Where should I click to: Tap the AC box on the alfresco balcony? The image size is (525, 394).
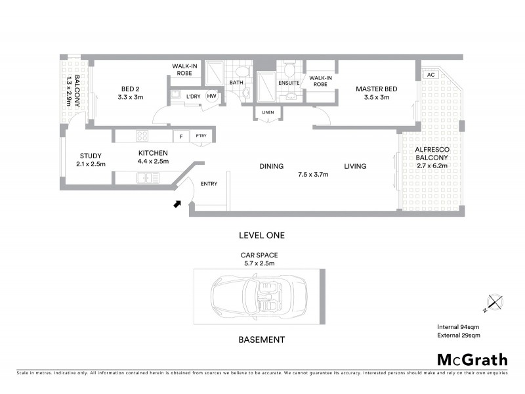[x=430, y=75]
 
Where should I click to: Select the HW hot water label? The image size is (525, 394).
[x=211, y=97]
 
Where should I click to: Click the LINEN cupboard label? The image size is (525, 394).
[x=268, y=112]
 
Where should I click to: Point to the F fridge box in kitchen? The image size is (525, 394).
[x=180, y=137]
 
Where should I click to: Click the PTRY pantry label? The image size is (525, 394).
[x=200, y=137]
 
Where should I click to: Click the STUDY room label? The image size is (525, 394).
[x=90, y=156]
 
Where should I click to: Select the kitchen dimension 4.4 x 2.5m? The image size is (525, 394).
[x=153, y=161]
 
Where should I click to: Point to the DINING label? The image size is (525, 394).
[x=271, y=166]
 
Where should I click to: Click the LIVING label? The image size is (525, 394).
[x=355, y=166]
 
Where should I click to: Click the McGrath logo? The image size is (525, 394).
[x=472, y=359]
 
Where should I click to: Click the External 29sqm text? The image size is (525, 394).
[x=459, y=336]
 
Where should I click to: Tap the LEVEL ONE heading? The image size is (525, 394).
[x=262, y=234]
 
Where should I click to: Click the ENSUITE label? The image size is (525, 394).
[x=289, y=83]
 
